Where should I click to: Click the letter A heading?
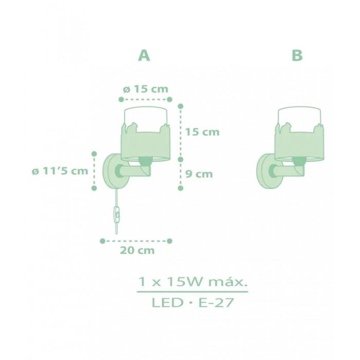144,56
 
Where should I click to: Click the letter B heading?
297,56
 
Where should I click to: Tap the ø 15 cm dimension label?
146,89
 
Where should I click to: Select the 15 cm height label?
202,132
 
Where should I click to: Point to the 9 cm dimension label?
199,174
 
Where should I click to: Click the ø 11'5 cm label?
60,171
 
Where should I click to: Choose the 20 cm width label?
137,250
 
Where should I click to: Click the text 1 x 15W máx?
192,282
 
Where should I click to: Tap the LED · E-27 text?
192,302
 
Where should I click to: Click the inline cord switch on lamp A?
117,214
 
